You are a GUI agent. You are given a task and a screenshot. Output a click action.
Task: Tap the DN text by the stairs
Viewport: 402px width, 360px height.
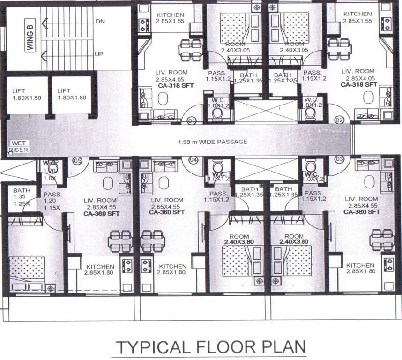coord(100,21)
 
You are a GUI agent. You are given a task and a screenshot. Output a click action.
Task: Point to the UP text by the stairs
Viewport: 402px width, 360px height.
coord(99,55)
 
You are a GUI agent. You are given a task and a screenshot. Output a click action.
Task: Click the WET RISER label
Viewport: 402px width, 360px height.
coord(18,147)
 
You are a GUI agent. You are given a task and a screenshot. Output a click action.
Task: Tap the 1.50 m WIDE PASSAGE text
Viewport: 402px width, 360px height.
coord(212,142)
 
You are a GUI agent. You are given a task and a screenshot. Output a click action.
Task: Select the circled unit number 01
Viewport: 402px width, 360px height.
coord(191,121)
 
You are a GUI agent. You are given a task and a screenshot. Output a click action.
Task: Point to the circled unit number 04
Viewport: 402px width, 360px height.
coord(192,160)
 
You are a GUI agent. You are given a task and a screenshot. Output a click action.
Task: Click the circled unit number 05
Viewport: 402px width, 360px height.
coord(77,161)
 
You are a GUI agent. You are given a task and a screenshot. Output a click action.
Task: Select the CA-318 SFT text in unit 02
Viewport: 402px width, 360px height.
coord(359,85)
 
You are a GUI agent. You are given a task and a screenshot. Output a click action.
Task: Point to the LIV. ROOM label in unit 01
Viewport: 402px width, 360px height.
coord(171,73)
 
